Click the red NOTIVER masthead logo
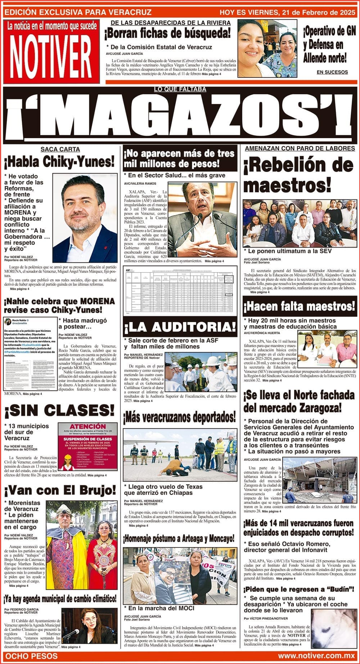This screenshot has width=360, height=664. pos(51,51)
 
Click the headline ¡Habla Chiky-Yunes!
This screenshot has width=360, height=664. pos(59,162)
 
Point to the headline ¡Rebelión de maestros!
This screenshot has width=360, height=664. pos(298,175)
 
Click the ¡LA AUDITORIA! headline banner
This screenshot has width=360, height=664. pos(180,327)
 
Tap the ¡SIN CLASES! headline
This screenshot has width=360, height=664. pos(59,410)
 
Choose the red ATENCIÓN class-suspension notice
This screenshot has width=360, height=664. pos(88,446)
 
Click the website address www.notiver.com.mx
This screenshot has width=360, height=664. pos(317,656)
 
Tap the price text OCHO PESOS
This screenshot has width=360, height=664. pos(32,656)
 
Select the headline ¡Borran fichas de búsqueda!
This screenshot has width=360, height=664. pos(167,34)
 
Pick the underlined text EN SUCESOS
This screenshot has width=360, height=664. pos(332,72)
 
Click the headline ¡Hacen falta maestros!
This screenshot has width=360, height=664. pos(300,307)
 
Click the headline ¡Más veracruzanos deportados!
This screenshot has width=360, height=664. pos(180,417)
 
